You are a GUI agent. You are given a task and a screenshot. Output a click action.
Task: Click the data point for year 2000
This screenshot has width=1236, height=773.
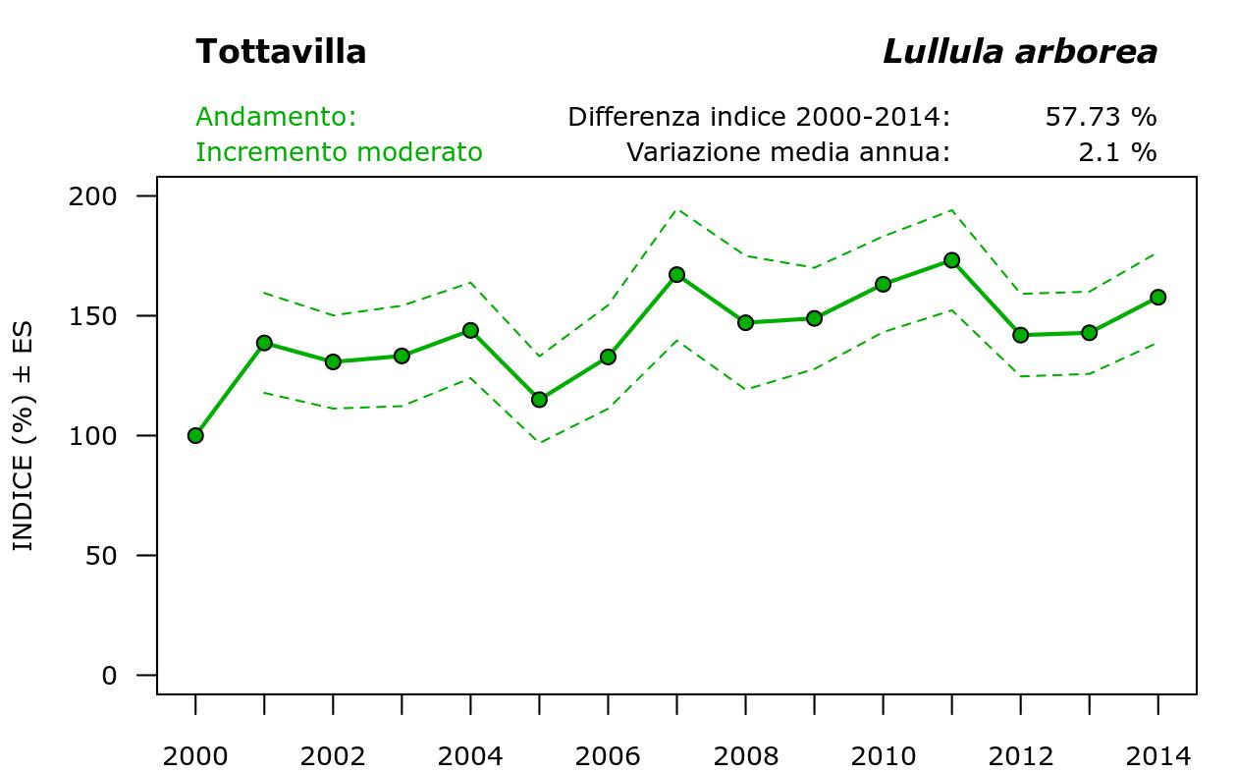click(x=195, y=435)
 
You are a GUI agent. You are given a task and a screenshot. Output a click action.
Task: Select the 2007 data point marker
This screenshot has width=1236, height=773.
click(x=676, y=275)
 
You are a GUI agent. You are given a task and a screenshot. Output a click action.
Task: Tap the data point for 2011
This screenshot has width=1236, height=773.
click(x=951, y=260)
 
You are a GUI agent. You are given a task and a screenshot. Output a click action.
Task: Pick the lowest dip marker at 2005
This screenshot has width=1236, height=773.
click(x=539, y=400)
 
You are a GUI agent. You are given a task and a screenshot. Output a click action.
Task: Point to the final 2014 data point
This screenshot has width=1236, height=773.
click(x=1157, y=297)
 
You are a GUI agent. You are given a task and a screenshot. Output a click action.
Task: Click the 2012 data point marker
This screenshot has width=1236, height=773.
click(x=1020, y=335)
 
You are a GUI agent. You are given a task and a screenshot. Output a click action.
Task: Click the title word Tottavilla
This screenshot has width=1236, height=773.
click(x=281, y=52)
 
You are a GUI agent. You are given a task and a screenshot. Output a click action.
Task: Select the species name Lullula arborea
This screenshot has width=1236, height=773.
click(x=1020, y=52)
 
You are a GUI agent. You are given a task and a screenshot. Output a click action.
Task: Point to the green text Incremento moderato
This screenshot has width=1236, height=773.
click(x=339, y=152)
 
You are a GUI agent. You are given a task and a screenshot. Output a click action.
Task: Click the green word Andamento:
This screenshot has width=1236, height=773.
click(x=276, y=117)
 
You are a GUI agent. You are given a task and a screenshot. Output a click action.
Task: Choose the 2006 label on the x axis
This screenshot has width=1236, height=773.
click(x=608, y=756)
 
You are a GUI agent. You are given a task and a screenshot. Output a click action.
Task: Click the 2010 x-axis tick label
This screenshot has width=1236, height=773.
click(x=883, y=756)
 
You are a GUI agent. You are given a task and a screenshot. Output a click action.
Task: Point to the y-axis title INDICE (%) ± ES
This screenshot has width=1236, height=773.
click(x=23, y=435)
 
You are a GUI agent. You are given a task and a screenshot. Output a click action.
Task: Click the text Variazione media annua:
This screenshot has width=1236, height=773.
click(x=788, y=152)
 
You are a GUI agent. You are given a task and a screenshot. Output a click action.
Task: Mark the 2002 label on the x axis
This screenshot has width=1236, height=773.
click(x=333, y=756)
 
